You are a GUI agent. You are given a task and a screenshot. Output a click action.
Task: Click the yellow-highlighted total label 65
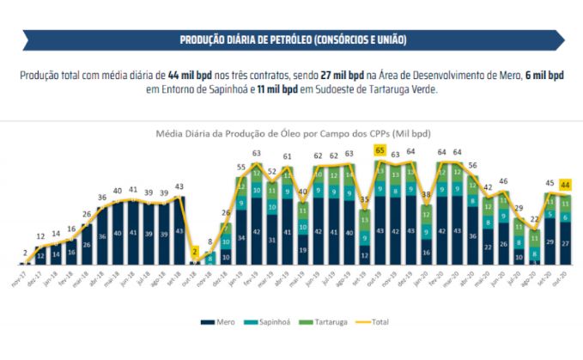[378, 149]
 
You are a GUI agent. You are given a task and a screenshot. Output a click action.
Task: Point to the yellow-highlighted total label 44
[566, 184]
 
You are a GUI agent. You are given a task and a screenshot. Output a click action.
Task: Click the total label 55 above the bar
[241, 168]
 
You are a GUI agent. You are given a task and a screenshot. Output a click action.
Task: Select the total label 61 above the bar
[288, 157]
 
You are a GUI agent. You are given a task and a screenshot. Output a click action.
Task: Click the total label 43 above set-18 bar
[179, 187]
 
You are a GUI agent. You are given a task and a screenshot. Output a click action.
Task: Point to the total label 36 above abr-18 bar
[102, 198]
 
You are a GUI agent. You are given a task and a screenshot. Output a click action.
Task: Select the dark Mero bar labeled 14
[56, 253]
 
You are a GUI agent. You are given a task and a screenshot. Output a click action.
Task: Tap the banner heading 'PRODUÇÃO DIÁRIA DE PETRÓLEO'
[292, 40]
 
